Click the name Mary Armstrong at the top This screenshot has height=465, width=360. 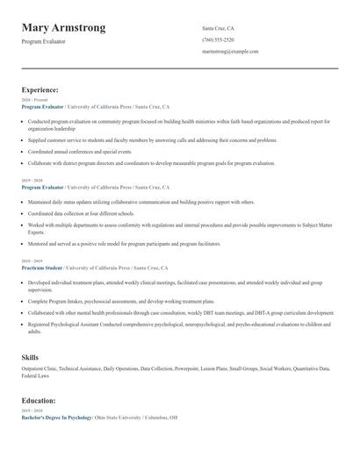[63, 28]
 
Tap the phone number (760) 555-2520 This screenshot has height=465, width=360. [218, 39]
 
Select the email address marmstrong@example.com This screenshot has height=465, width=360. [230, 52]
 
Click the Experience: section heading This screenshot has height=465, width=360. [40, 89]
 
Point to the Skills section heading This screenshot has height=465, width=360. [30, 357]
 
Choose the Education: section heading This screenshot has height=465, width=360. [40, 400]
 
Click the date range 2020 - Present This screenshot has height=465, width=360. [34, 100]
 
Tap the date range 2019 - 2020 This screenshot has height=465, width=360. [32, 181]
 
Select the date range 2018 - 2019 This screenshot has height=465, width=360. [32, 261]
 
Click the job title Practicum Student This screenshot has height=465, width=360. [42, 267]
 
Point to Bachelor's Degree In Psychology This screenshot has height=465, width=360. [56, 418]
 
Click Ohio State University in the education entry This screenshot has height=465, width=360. [120, 418]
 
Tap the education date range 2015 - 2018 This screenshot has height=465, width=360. [32, 411]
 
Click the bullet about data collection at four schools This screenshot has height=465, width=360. [81, 213]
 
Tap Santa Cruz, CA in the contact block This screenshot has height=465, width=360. [218, 28]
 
